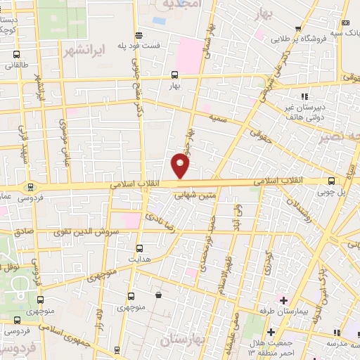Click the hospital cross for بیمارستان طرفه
pos(284,300)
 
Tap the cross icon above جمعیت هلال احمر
pos(271,330)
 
